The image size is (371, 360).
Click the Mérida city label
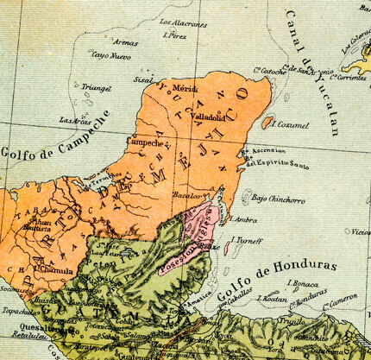tap(185, 88)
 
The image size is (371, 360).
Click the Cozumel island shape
tap(267, 123)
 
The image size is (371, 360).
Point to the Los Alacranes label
tap(183, 22)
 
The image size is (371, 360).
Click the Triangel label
tap(96, 87)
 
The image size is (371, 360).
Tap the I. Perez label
tap(175, 35)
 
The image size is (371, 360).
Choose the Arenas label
tap(125, 41)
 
